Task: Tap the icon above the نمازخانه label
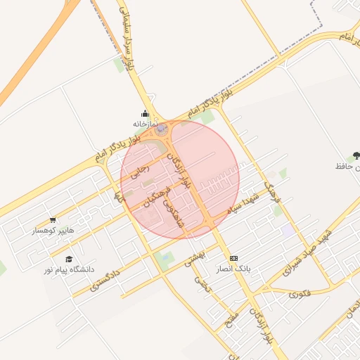pyautogui.click(x=145, y=114)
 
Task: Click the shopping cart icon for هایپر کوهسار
pyautogui.click(x=53, y=220)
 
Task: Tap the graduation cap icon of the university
pyautogui.click(x=69, y=259)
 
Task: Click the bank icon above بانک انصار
pyautogui.click(x=234, y=258)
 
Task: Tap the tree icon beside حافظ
pyautogui.click(x=356, y=155)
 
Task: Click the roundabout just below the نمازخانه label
pyautogui.click(x=162, y=130)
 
